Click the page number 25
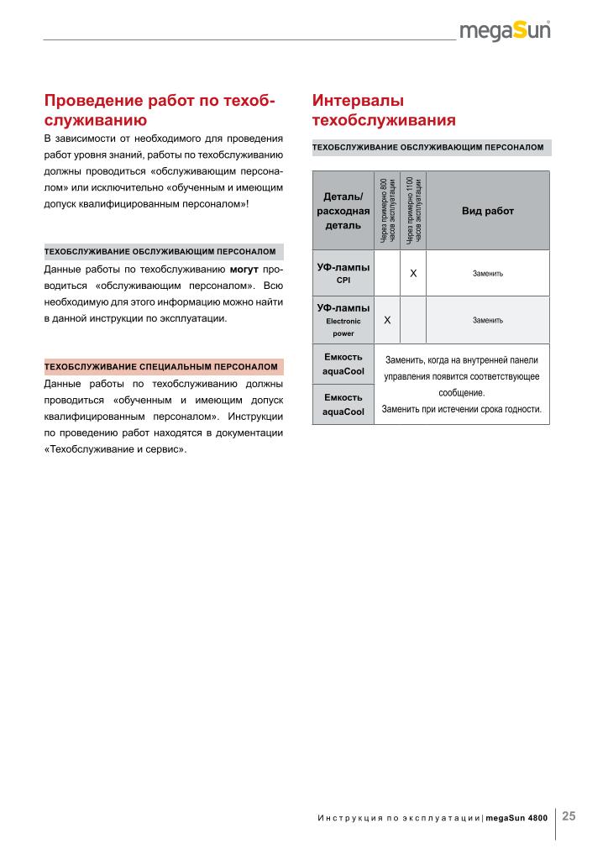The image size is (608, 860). click(x=569, y=815)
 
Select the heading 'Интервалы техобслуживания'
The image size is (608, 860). click(x=383, y=110)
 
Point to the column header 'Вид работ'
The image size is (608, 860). click(x=488, y=211)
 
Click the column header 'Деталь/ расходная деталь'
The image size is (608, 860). click(x=343, y=211)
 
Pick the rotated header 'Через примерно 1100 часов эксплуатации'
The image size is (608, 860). click(x=413, y=211)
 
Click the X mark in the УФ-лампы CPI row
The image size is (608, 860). click(x=413, y=274)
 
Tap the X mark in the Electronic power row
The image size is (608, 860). click(x=387, y=320)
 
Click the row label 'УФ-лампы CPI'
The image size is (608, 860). click(x=343, y=273)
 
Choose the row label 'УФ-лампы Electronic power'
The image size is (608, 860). click(x=343, y=320)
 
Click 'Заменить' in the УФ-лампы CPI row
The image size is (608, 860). click(x=488, y=274)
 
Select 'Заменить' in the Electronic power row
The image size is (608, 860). click(x=488, y=320)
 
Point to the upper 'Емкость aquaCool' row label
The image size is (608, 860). click(x=343, y=364)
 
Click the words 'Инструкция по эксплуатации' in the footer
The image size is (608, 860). click(x=399, y=817)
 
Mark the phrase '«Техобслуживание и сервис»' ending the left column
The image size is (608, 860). click(x=115, y=448)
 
